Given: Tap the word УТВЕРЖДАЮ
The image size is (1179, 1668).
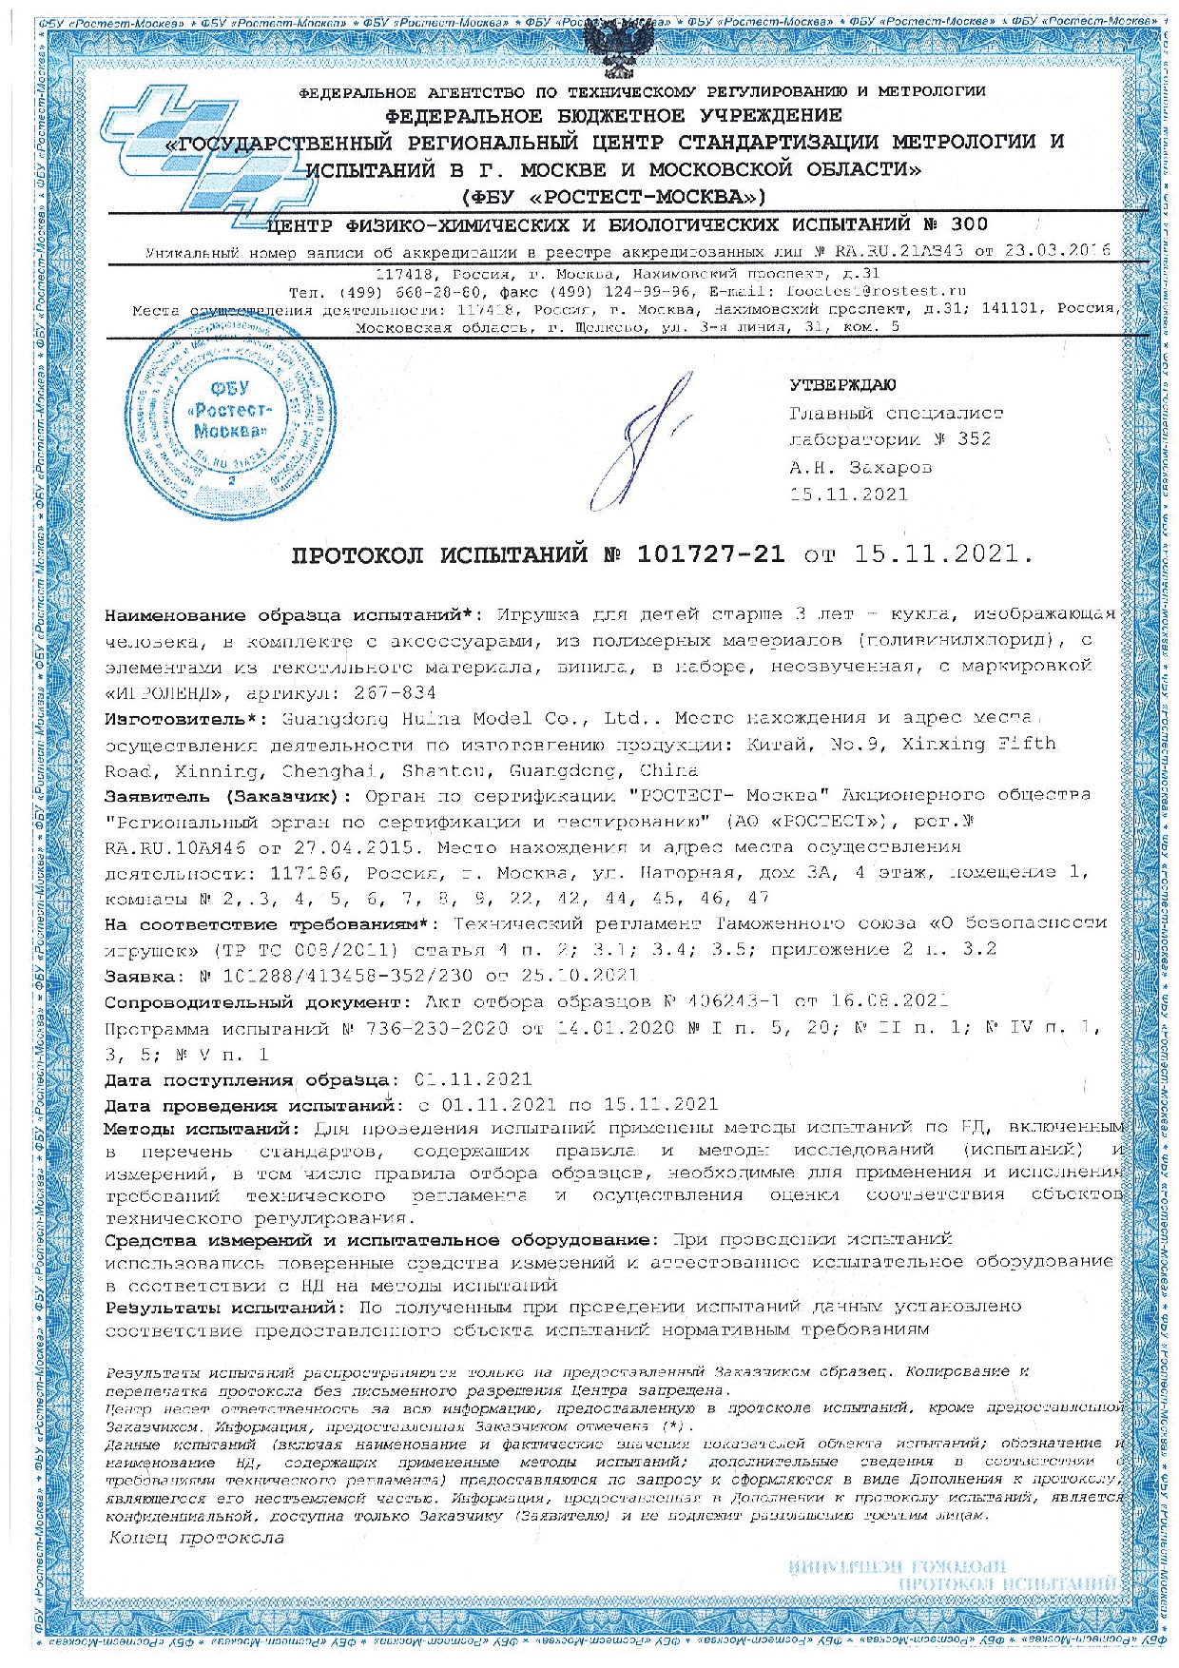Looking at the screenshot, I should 841,385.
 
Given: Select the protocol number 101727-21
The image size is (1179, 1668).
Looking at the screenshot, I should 710,554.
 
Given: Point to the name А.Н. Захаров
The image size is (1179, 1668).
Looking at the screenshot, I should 860,467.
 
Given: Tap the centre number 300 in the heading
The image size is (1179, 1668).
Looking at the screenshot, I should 968,224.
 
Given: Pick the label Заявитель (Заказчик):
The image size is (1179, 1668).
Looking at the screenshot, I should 228,795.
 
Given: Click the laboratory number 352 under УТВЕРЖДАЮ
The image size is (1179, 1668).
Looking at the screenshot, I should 974,438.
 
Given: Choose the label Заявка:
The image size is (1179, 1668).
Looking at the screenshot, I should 140,976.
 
